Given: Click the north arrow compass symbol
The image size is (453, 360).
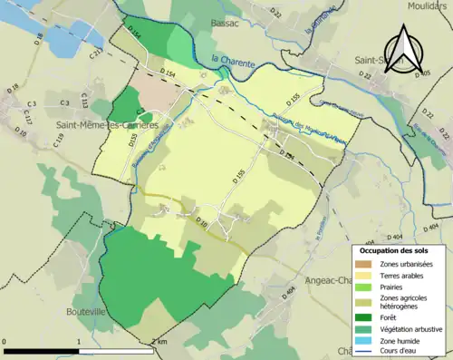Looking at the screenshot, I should point(401,47).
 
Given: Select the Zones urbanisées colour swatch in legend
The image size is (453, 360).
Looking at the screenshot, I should point(369,264).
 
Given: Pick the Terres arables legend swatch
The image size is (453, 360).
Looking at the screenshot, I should point(369,275).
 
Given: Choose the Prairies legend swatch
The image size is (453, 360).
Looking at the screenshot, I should point(369,287).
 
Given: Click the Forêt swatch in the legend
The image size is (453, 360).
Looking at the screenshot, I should point(369,316).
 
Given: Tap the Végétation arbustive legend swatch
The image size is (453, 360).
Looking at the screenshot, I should point(369,327).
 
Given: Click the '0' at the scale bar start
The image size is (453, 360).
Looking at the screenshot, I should point(6,341).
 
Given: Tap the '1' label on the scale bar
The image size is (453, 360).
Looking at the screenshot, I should point(79,341).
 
